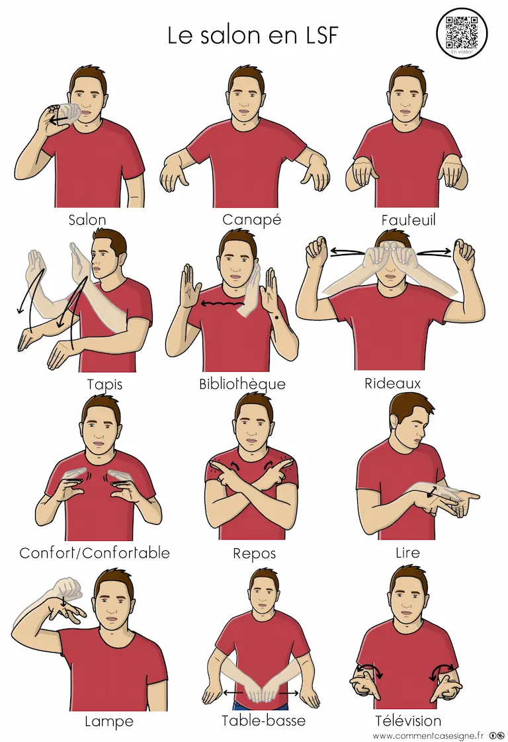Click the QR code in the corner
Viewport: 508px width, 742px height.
coord(461,33)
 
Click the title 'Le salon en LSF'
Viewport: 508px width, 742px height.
coord(253,36)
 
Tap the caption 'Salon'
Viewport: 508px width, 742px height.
coord(87,220)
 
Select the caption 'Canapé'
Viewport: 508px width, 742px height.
coord(252,220)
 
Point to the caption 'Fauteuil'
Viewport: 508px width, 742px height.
coord(408,220)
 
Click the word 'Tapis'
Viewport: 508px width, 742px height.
coord(105,384)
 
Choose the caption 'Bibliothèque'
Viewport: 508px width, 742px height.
coord(242,384)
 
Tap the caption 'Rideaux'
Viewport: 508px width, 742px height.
coord(392,384)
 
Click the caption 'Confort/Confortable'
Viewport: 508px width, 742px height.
coord(95,553)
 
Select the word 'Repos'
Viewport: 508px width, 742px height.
coord(254,554)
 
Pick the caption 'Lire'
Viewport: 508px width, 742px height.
coord(407,552)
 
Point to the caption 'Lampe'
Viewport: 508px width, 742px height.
coord(109,721)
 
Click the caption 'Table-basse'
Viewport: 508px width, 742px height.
coord(264,720)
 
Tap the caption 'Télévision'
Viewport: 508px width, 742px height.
coord(408,720)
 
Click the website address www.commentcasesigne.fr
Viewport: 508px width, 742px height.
coord(428,736)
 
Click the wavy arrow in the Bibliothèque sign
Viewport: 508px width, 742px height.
coord(222,304)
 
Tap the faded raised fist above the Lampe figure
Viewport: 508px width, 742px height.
coord(69,588)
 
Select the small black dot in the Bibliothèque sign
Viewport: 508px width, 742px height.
coord(275,316)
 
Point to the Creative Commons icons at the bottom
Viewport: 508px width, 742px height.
coord(496,736)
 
